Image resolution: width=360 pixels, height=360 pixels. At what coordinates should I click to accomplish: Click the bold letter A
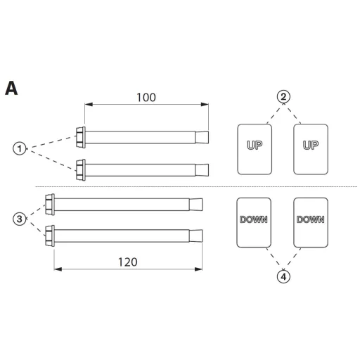(x=11, y=88)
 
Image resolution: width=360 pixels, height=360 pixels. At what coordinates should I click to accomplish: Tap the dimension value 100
(x=146, y=98)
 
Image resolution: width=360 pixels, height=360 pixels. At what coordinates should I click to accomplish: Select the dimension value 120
(x=127, y=262)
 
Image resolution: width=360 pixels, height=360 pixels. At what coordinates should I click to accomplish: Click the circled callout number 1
(x=20, y=148)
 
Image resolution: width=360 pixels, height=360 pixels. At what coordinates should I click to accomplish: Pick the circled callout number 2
(x=283, y=96)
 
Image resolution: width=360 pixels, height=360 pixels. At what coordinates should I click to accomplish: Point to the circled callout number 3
(x=20, y=219)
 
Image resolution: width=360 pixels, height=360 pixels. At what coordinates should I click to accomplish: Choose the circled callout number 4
(x=283, y=277)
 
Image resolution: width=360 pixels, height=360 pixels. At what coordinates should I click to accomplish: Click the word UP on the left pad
(x=255, y=146)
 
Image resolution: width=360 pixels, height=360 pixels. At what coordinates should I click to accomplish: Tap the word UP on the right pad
(x=311, y=146)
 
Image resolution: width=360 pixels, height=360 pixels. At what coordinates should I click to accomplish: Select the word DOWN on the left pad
(x=254, y=219)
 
